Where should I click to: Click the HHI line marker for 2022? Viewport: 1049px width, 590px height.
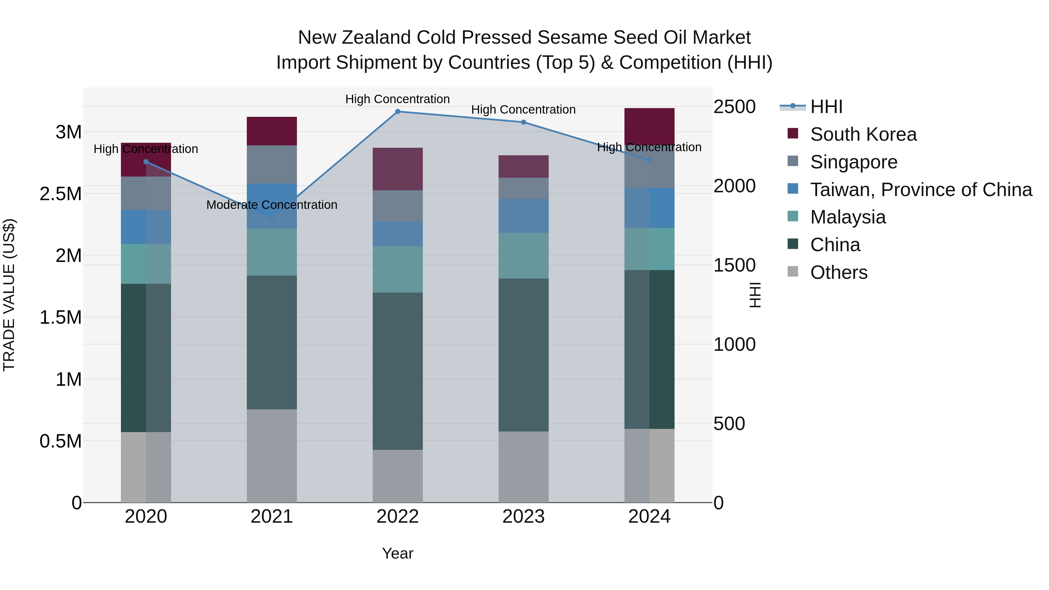[397, 112]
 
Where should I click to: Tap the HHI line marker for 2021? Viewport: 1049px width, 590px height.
[272, 218]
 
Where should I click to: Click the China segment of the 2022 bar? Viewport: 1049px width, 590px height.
[397, 371]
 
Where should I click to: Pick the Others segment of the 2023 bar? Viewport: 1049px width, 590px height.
[523, 467]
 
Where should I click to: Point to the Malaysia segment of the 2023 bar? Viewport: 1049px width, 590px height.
[523, 256]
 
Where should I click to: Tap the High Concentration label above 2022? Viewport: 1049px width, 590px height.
[397, 99]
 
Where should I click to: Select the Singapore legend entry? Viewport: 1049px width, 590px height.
[853, 162]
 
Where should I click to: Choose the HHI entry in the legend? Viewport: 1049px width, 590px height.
[826, 107]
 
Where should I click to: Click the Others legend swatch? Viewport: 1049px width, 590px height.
[793, 272]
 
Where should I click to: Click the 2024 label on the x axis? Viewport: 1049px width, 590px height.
[649, 517]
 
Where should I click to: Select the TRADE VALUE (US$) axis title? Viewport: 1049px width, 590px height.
[9, 295]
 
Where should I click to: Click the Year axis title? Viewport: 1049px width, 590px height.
[397, 553]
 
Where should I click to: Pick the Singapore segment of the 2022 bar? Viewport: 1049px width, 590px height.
[397, 206]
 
